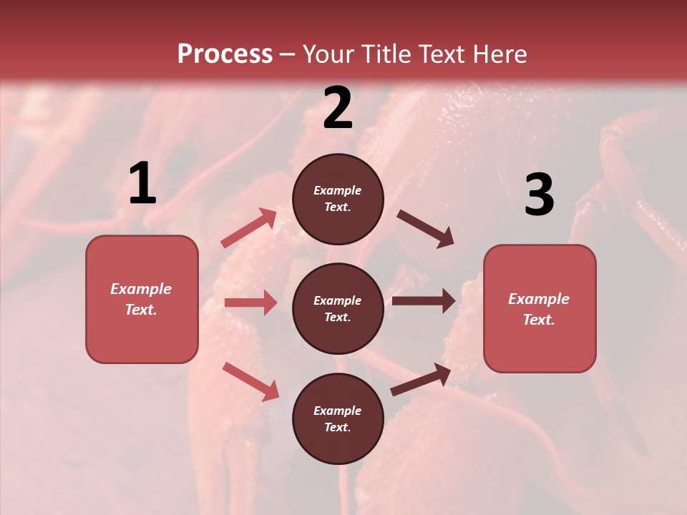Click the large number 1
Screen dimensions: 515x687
(142, 184)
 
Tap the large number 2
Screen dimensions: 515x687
(338, 108)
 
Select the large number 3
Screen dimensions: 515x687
(539, 195)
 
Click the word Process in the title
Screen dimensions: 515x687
(225, 54)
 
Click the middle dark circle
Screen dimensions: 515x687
(338, 308)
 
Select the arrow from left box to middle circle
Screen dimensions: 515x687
(250, 303)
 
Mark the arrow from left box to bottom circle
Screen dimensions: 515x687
(250, 381)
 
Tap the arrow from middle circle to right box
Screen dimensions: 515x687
(423, 300)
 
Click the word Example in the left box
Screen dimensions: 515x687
(141, 289)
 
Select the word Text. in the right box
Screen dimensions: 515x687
(539, 320)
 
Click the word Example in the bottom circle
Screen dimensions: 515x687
(337, 411)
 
